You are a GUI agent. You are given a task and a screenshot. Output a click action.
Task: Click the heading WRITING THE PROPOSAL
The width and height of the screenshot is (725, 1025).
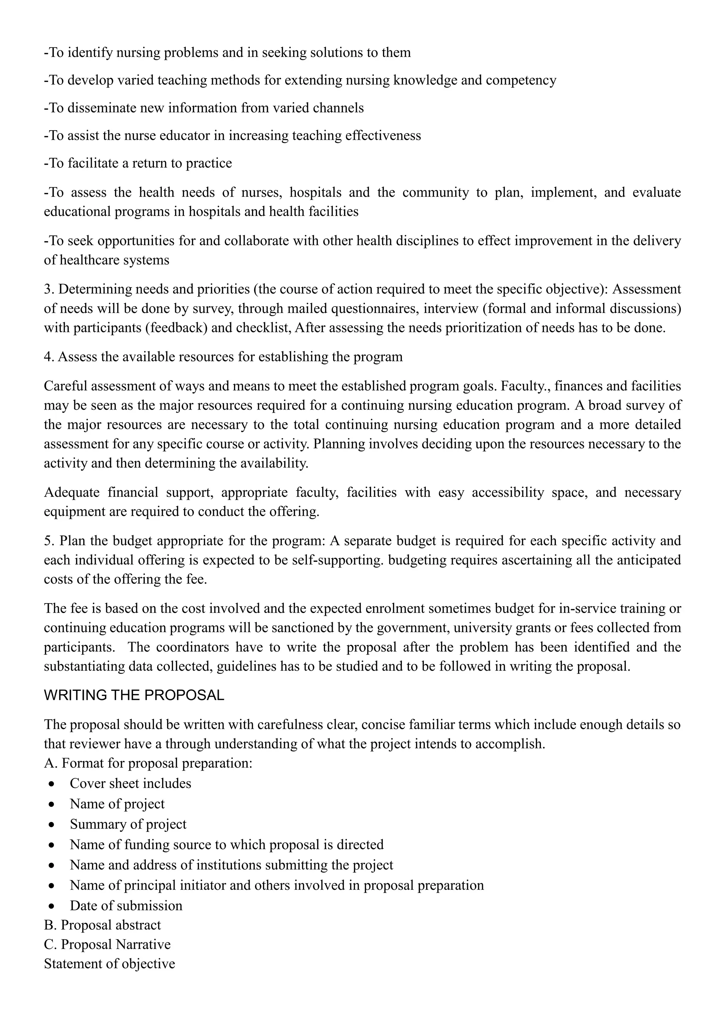[x=134, y=695]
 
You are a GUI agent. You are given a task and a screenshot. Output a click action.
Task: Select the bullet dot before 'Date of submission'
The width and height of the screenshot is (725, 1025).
[x=53, y=906]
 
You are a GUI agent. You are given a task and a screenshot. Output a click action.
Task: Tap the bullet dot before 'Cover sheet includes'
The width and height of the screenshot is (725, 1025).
[x=53, y=784]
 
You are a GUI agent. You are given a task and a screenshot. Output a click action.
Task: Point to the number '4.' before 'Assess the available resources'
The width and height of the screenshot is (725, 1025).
[x=48, y=357]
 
